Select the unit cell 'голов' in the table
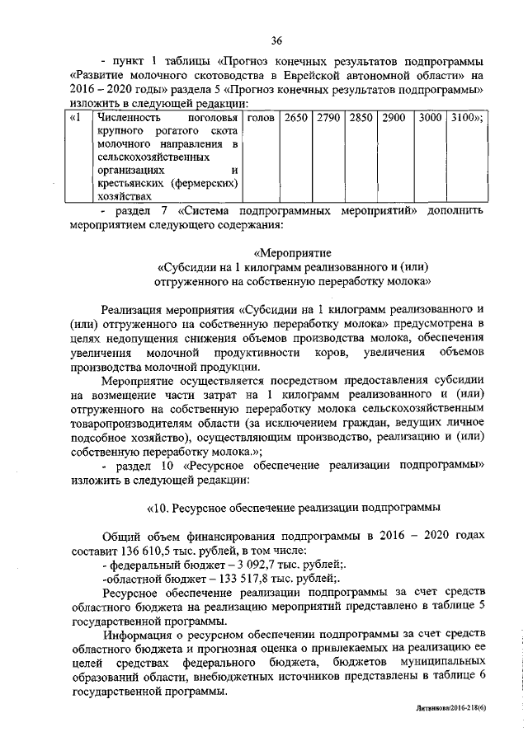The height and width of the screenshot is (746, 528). tap(261, 118)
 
